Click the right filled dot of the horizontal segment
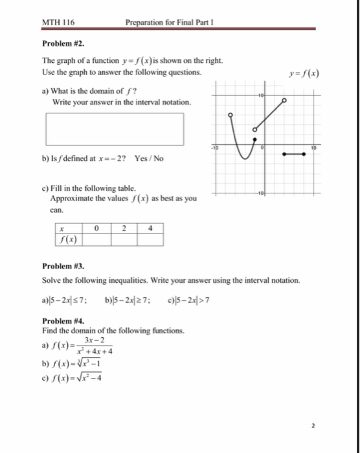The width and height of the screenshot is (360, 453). tap(303, 154)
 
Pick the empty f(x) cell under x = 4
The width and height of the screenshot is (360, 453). tap(150, 240)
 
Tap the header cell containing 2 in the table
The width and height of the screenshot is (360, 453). tap(123, 228)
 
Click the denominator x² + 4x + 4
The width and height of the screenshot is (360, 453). tap(96, 352)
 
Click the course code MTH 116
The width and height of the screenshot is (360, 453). tap(58, 23)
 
